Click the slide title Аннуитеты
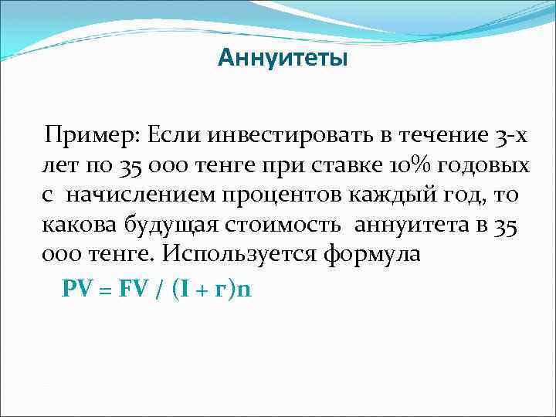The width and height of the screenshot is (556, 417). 283,58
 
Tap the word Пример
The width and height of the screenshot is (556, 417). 80,137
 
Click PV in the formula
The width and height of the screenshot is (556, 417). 77,289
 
